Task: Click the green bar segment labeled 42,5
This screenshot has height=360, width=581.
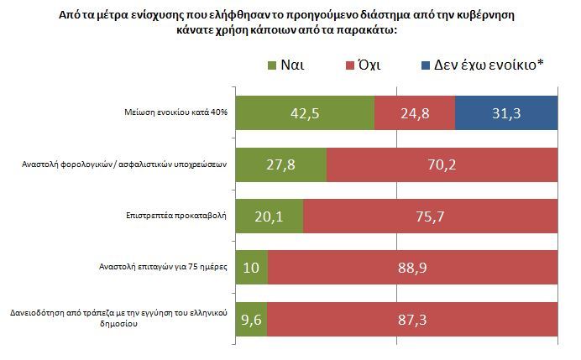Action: point(305,113)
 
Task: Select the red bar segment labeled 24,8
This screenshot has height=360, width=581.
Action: point(415,113)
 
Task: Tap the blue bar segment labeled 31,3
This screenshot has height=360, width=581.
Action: point(506,113)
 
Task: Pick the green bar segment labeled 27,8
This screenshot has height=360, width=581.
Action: point(281,164)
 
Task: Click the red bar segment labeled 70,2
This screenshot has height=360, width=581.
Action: point(442,164)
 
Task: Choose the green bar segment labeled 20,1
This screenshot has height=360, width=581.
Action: point(270,217)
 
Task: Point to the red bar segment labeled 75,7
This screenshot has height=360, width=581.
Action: point(430,217)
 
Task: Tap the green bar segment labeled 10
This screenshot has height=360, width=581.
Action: point(252,268)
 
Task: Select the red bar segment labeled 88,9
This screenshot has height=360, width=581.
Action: point(413,268)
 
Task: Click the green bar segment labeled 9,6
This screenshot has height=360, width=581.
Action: point(252,319)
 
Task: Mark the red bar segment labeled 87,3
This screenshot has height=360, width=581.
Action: point(412,319)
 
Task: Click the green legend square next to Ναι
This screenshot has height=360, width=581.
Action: point(272,65)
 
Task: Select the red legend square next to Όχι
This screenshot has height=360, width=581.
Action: point(350,65)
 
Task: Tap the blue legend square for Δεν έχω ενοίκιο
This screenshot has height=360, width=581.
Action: point(426,65)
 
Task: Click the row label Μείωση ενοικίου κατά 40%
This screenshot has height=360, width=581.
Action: point(175,112)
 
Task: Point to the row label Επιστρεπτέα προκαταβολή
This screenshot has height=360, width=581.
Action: point(176,216)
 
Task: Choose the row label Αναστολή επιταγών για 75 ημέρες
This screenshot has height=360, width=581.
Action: point(163,267)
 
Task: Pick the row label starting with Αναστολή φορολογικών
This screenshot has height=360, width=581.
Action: point(124,164)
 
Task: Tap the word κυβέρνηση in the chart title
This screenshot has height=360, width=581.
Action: point(487,15)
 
